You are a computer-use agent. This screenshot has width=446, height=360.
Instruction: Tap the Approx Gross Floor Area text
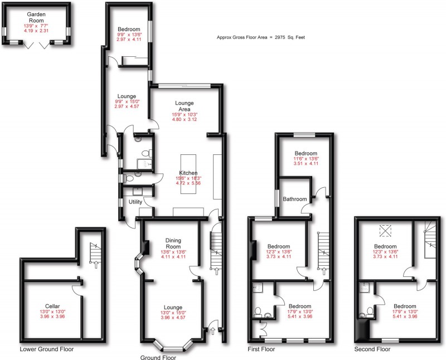click(x=260, y=37)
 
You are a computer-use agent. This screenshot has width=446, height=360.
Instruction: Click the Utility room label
click(x=135, y=202)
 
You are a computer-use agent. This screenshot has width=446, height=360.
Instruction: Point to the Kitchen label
click(x=188, y=172)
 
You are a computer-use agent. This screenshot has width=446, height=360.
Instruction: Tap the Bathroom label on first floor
click(x=294, y=199)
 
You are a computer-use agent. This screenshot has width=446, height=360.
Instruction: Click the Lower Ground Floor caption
click(x=47, y=349)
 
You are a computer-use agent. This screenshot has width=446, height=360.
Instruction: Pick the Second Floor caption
click(x=372, y=349)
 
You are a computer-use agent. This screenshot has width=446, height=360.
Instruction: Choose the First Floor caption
click(x=261, y=349)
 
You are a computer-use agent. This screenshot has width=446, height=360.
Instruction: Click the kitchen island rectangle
click(x=188, y=173)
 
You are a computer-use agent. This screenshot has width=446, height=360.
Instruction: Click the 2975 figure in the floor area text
click(x=279, y=37)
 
